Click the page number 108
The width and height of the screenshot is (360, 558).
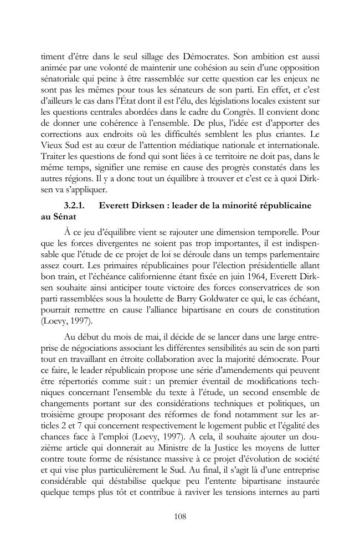[179, 516]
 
